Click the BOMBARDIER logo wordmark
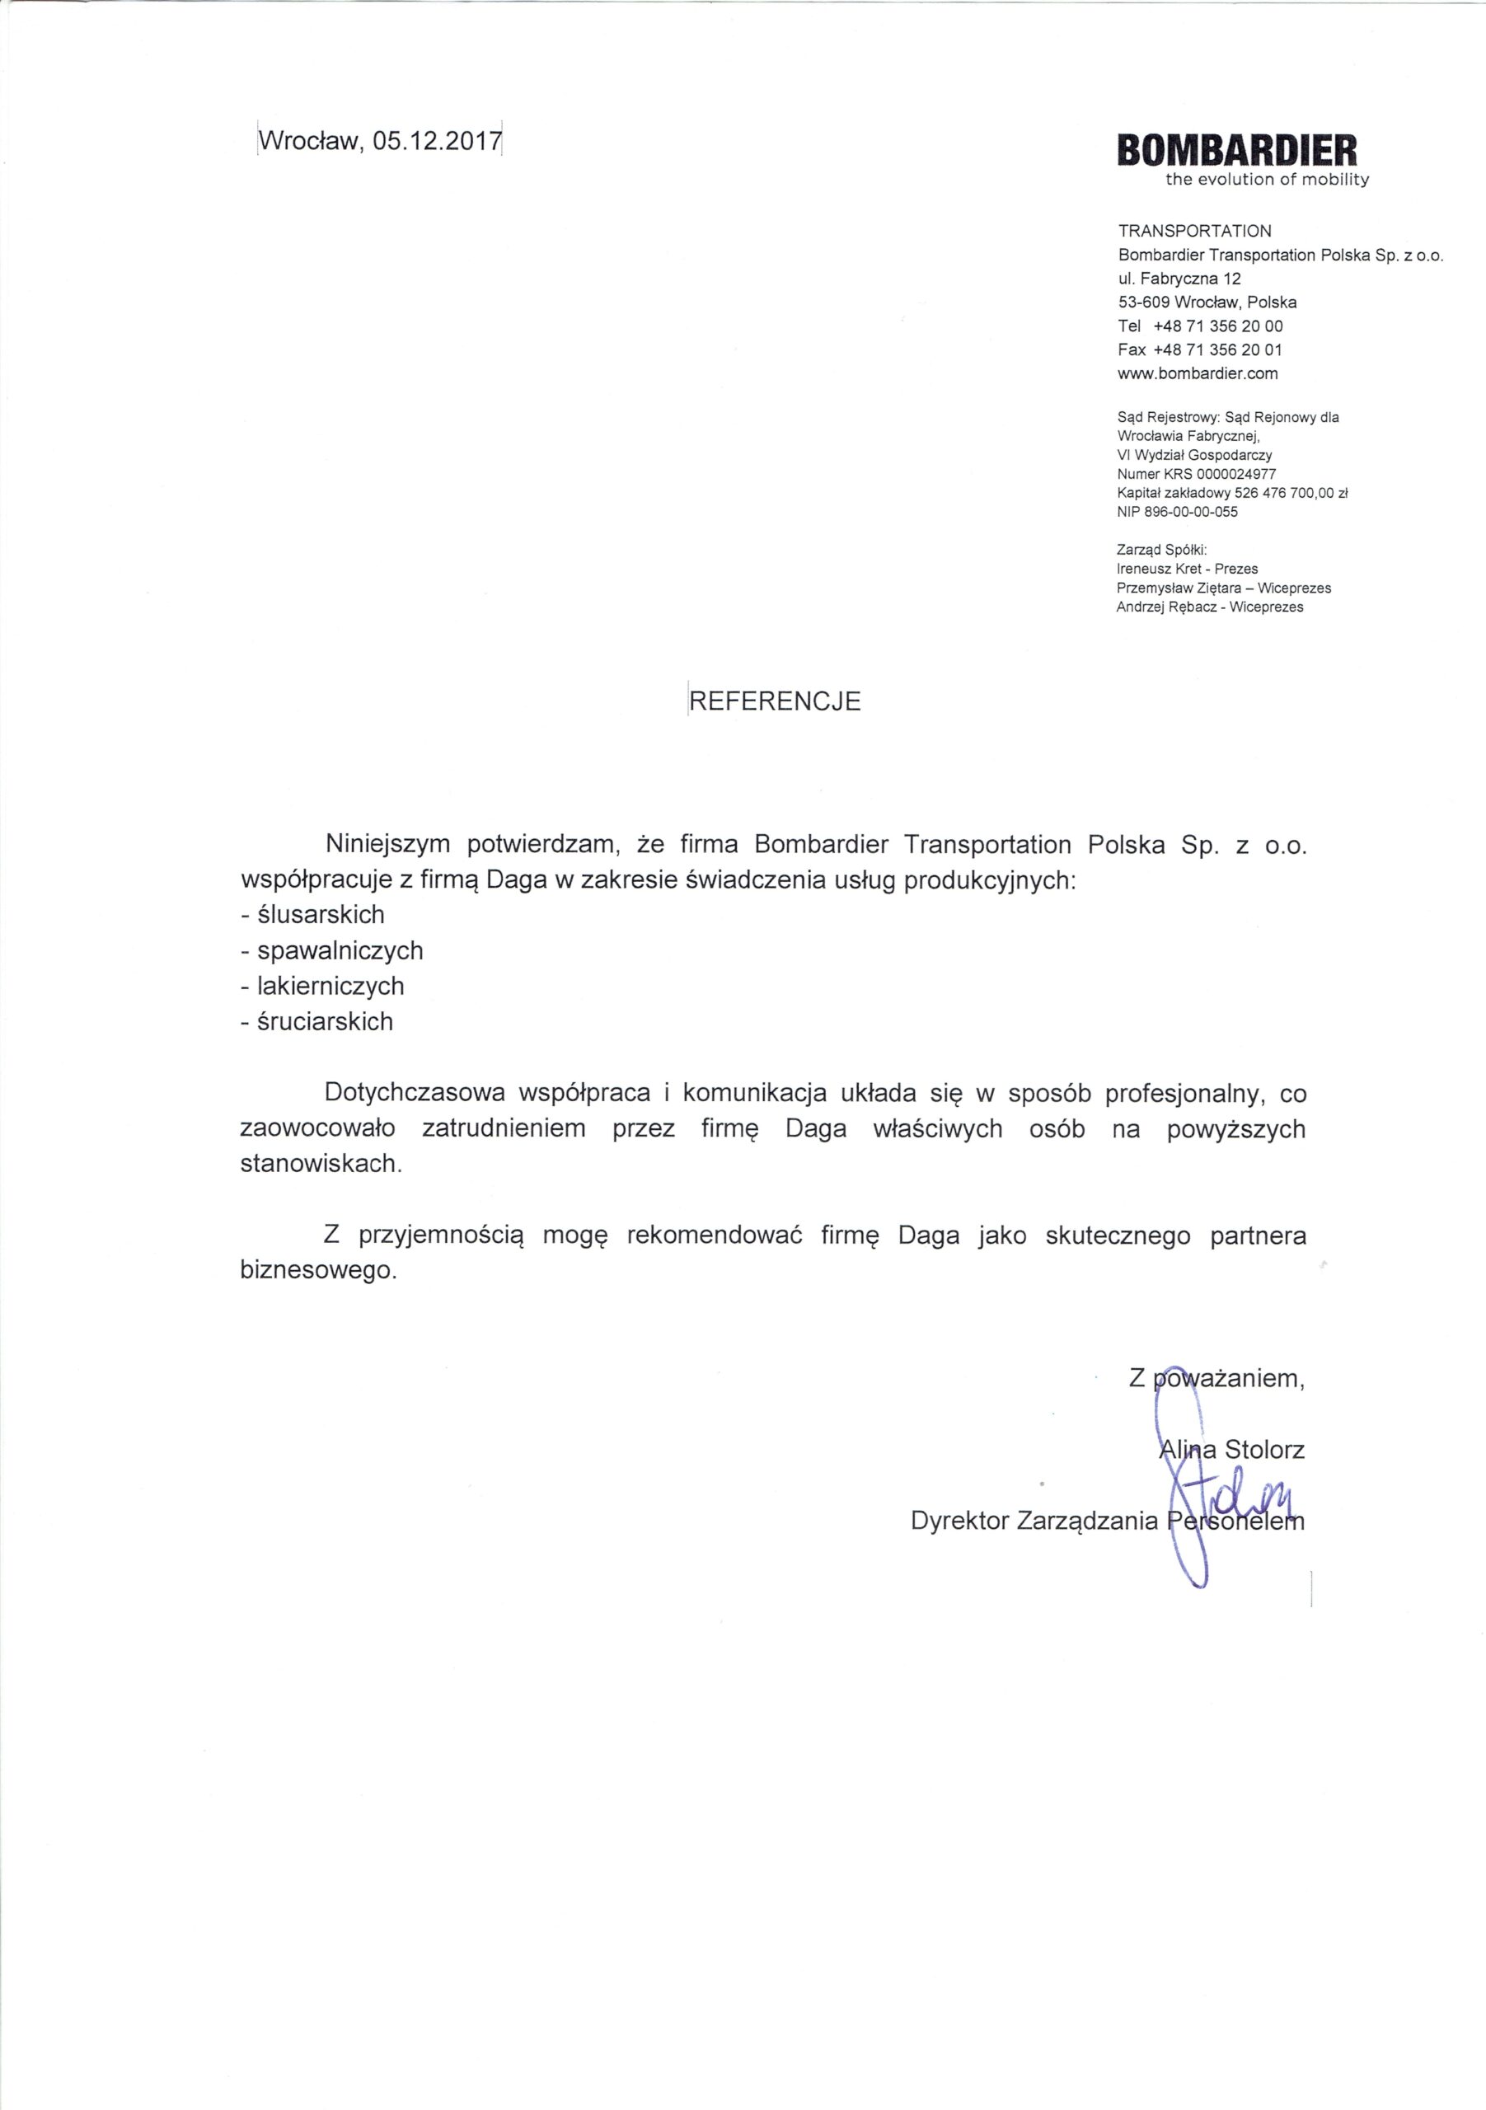point(1236,150)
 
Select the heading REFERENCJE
point(776,701)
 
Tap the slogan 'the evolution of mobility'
point(1268,181)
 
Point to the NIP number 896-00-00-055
point(1191,513)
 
